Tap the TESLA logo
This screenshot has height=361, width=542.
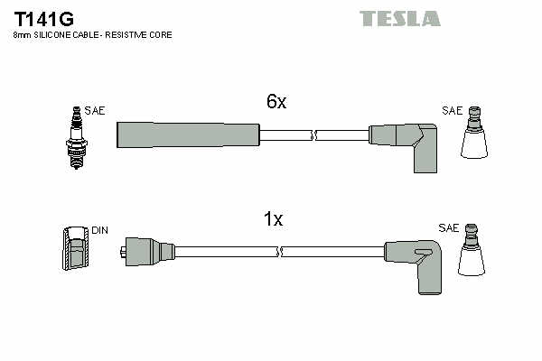[399, 18]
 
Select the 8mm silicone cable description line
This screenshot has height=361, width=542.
[92, 34]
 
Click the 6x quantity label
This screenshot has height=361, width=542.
[276, 102]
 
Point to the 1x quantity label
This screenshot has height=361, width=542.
[273, 219]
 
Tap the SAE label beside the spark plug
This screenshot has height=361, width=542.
[95, 111]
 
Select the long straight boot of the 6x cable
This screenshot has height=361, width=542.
[188, 134]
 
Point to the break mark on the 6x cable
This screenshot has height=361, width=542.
[313, 135]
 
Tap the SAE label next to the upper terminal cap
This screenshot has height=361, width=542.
[452, 111]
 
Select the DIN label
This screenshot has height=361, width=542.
[99, 230]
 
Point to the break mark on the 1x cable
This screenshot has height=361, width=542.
[280, 251]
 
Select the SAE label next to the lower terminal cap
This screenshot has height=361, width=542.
[449, 228]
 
